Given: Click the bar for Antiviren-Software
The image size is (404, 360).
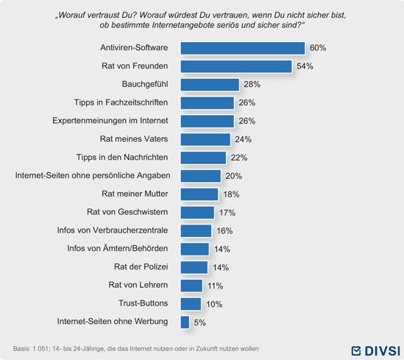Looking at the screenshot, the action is pos(242,48).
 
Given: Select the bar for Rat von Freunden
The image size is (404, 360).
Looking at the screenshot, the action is pos(236,66).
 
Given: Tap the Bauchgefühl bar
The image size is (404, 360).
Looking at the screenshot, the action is pos(210,85).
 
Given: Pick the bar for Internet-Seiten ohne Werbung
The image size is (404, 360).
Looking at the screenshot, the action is pos(185,322).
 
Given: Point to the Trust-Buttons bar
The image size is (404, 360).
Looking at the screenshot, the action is pos(191,304).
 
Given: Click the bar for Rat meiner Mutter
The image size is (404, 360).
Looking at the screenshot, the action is pos(199,194).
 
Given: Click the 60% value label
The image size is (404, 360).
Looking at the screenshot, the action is pos(318,48).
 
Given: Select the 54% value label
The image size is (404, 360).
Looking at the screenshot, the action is pos(305,66).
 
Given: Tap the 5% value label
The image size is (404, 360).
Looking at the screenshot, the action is pos(199,322).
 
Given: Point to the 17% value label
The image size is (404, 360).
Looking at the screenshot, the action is pos(227,213).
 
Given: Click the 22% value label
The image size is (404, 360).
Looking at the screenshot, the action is pos(239,158).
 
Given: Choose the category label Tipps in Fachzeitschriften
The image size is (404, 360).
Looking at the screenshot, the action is pos(121,102).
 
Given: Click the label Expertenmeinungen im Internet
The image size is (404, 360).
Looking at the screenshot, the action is pos(110,121).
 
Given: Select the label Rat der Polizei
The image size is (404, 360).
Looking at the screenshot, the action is pos(141,267).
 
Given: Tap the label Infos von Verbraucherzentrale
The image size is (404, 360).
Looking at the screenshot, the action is pos(113,230).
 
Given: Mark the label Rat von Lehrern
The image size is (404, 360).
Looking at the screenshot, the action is pos(138,285).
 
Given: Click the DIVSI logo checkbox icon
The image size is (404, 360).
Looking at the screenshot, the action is pos(356,350).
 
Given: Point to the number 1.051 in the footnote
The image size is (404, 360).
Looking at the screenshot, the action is pos(40,349).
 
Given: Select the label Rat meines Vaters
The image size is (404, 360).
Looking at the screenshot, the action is pos(134,139).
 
